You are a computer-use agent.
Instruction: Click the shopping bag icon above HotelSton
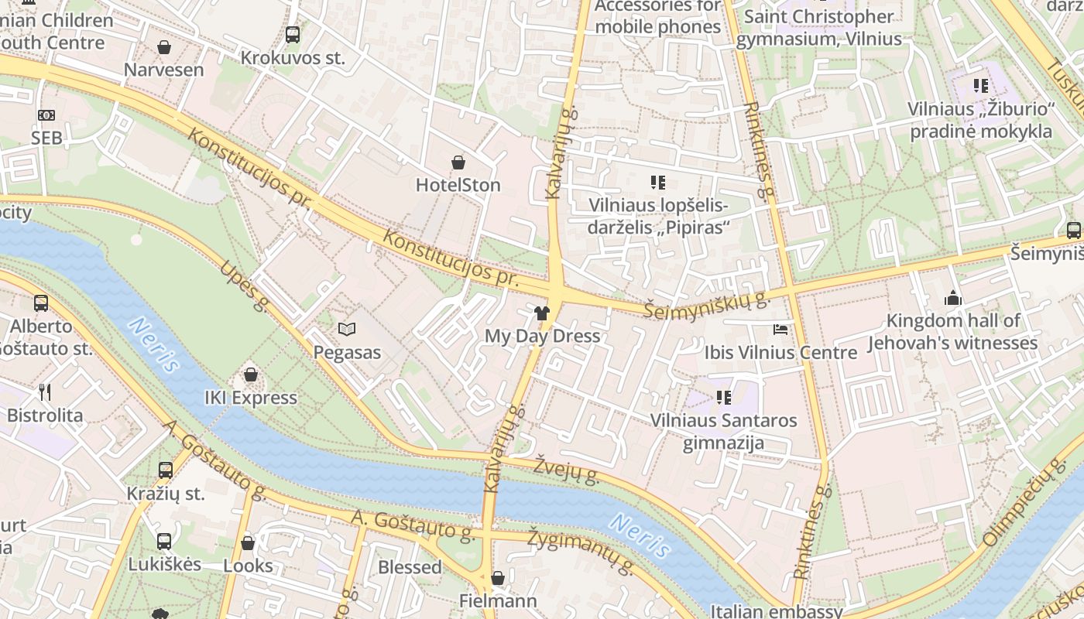pyautogui.click(x=458, y=162)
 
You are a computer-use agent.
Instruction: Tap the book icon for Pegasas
pyautogui.click(x=347, y=330)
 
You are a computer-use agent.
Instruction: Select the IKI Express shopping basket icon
pyautogui.click(x=251, y=375)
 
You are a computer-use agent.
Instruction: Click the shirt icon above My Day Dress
pyautogui.click(x=542, y=313)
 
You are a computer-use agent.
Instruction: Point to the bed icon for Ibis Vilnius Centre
pyautogui.click(x=780, y=330)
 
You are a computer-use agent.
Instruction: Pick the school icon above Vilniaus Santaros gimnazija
pyautogui.click(x=724, y=398)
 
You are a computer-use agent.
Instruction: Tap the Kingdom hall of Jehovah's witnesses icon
pyautogui.click(x=952, y=298)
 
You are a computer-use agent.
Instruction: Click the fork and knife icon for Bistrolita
pyautogui.click(x=45, y=392)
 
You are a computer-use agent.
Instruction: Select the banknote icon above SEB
pyautogui.click(x=46, y=115)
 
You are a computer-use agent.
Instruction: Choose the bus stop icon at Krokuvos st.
pyautogui.click(x=292, y=35)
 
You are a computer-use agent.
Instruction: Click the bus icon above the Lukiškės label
pyautogui.click(x=164, y=541)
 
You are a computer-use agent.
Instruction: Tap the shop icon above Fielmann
pyautogui.click(x=498, y=578)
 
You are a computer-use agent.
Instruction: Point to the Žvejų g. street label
pyautogui.click(x=567, y=467)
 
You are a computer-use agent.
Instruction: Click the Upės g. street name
pyautogui.click(x=244, y=286)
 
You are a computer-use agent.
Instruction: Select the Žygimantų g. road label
pyautogui.click(x=581, y=552)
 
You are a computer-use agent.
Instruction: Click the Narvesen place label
pyautogui.click(x=164, y=70)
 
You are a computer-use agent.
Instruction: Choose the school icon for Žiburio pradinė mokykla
pyautogui.click(x=981, y=86)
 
